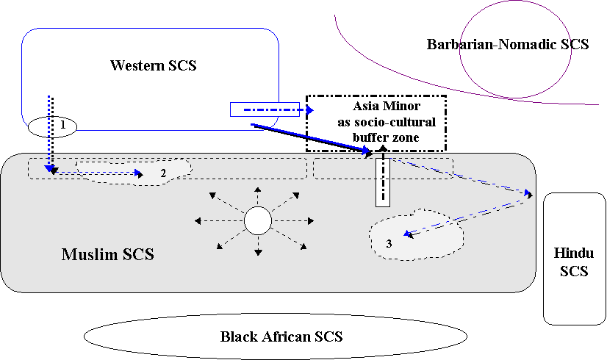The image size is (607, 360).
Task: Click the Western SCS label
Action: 154,65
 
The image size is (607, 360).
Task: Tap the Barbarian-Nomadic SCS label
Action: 508,44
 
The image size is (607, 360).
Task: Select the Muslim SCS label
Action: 107,255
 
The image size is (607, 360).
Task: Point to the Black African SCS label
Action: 281,337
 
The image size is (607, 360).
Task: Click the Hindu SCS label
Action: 574,262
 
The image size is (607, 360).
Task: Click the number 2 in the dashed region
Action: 163,173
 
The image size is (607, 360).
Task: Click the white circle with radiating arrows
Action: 258,220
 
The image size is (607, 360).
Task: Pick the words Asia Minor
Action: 376,107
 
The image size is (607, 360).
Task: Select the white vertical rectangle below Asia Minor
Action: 382,181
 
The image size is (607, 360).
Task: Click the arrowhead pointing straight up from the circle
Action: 258,190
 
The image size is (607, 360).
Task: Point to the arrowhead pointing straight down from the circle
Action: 258,253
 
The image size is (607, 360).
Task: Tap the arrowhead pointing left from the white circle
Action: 195,220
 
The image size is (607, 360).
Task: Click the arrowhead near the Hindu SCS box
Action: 528,195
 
